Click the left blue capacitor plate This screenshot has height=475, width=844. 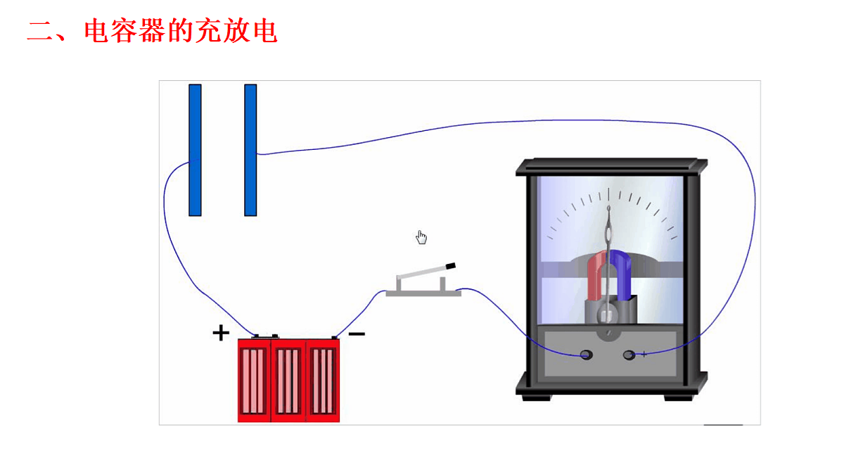195,150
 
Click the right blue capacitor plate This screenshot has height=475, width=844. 250,150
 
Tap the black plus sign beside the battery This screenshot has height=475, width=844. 221,333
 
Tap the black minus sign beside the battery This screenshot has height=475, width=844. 357,334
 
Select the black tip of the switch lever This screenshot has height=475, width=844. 451,266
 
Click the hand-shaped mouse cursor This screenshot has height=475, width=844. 421,237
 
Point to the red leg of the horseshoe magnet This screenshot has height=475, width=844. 595,277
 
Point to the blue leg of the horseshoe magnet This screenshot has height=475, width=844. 622,275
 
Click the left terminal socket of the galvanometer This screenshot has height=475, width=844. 587,355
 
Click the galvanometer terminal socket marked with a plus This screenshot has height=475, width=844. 629,355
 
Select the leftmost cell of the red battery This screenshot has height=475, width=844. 254,381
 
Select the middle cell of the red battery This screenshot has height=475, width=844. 288,381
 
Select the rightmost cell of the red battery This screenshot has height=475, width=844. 323,381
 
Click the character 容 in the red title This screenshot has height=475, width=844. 124,30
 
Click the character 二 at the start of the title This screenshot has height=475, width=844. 40,30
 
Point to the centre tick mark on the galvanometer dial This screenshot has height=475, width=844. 608,194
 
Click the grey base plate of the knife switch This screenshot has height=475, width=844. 423,293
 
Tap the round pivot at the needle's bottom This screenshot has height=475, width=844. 606,313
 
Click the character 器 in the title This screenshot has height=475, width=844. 153,30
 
